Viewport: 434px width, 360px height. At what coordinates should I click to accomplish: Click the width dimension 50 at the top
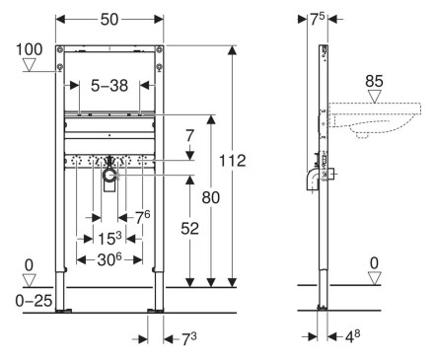(x=109, y=20)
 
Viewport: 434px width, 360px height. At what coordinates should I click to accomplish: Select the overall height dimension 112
(x=232, y=161)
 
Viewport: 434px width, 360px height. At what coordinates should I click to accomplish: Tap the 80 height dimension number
(x=210, y=197)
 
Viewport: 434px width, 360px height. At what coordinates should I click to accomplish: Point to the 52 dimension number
(x=189, y=229)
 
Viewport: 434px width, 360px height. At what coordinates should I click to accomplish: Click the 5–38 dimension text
(x=109, y=86)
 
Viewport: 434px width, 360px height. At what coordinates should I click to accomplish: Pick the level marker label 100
(x=30, y=49)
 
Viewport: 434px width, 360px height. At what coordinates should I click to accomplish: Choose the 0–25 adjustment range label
(x=34, y=301)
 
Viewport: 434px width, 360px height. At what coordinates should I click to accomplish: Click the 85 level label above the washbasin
(x=374, y=81)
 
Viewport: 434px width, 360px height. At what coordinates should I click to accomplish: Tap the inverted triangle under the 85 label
(x=374, y=97)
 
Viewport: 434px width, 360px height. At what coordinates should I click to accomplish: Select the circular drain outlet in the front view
(x=109, y=177)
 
